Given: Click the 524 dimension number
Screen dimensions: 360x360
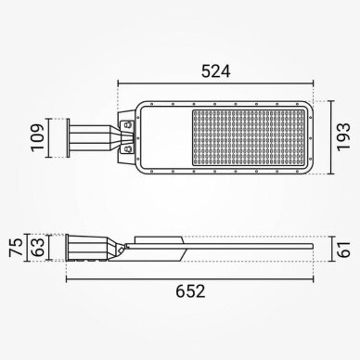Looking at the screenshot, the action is click(x=216, y=71).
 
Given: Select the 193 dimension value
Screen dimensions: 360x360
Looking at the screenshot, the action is click(x=343, y=137).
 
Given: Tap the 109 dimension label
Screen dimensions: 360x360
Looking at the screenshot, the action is click(x=38, y=137).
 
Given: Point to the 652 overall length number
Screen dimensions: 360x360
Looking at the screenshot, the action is click(x=190, y=291).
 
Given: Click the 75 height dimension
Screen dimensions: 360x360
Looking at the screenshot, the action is click(x=16, y=248).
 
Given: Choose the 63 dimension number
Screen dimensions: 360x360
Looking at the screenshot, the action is click(x=38, y=247).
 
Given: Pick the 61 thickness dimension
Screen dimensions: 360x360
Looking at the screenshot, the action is click(x=344, y=250).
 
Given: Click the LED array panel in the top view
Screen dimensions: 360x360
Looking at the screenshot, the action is click(x=249, y=137).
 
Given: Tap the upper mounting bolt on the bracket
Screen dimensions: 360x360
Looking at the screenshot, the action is click(x=127, y=124).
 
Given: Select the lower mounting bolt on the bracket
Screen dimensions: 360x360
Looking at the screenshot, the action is click(x=127, y=149).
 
